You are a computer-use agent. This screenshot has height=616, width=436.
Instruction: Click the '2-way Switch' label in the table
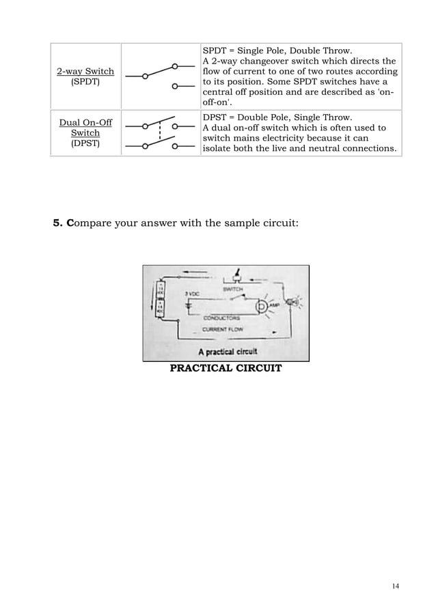coord(85,71)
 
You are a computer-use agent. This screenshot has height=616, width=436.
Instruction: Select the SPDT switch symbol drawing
coord(161,76)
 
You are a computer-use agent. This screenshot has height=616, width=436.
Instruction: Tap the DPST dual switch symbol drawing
coord(161,135)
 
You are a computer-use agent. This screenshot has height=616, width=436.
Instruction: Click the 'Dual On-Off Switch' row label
coord(85,133)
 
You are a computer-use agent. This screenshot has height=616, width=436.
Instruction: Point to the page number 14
coord(396,586)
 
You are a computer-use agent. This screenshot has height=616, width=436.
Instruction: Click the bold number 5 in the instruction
coord(57,223)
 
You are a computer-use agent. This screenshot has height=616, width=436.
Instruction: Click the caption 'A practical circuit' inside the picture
coord(227,352)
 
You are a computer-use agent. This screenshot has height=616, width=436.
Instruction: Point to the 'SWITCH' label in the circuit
coord(234,290)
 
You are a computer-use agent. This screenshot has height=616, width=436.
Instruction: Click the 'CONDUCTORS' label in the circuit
coord(220,317)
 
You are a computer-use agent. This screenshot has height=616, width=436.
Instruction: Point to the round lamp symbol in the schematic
coord(262,307)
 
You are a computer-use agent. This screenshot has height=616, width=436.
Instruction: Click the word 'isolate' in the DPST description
coord(219,148)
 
